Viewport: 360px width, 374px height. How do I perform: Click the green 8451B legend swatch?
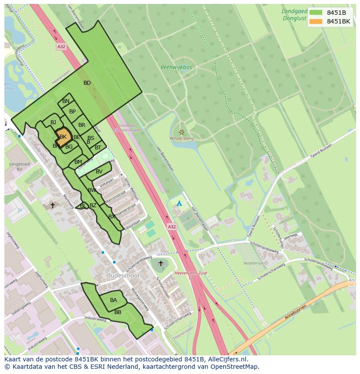(x=316, y=13)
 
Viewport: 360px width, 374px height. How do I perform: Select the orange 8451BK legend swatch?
(x=316, y=21)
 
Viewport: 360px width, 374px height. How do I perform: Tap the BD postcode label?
(x=87, y=83)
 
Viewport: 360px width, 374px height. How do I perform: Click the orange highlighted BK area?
(x=63, y=136)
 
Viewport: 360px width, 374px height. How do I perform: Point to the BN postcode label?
(x=66, y=101)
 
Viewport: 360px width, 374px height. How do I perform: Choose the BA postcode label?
(x=113, y=300)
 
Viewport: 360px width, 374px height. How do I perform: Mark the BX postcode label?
(x=112, y=216)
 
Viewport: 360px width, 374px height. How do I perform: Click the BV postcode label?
(x=99, y=172)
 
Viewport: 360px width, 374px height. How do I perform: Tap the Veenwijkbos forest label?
(x=176, y=67)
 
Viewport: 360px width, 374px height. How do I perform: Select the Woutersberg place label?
(x=182, y=138)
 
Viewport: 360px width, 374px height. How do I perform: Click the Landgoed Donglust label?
(x=294, y=15)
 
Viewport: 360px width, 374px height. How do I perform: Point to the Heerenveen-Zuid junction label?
(x=190, y=275)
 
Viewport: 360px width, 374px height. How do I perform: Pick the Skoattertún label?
(x=253, y=263)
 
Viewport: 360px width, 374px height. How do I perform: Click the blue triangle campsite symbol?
(x=179, y=203)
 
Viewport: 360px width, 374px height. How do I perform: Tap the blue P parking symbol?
(x=19, y=211)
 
